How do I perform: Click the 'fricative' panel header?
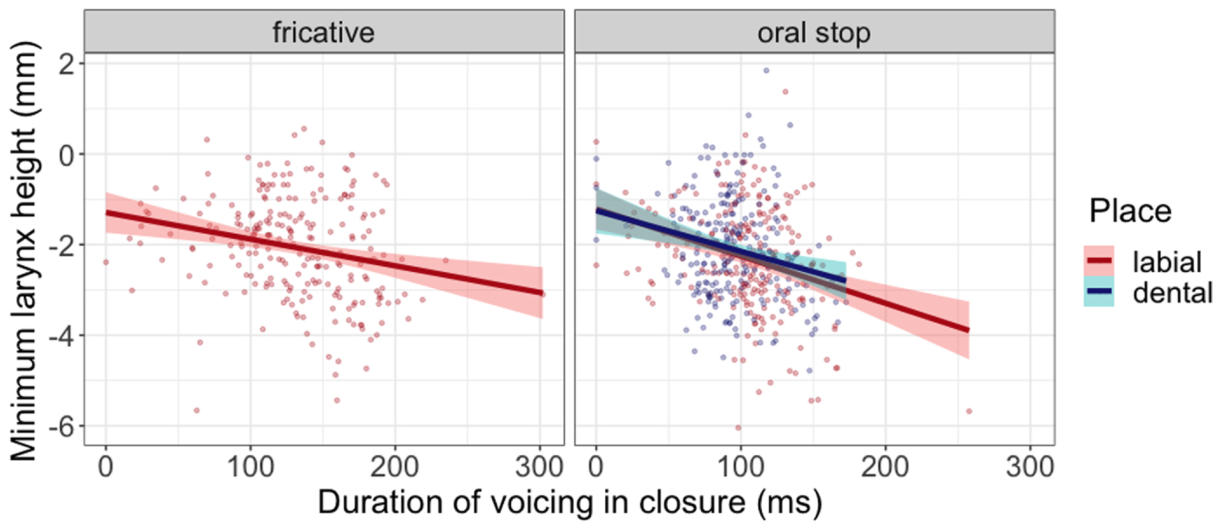(324, 33)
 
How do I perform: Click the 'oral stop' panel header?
(814, 33)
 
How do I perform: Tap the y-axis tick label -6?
(62, 426)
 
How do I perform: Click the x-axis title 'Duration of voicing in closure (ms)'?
(569, 503)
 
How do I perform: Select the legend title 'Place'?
(1130, 211)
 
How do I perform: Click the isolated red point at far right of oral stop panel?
(969, 411)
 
